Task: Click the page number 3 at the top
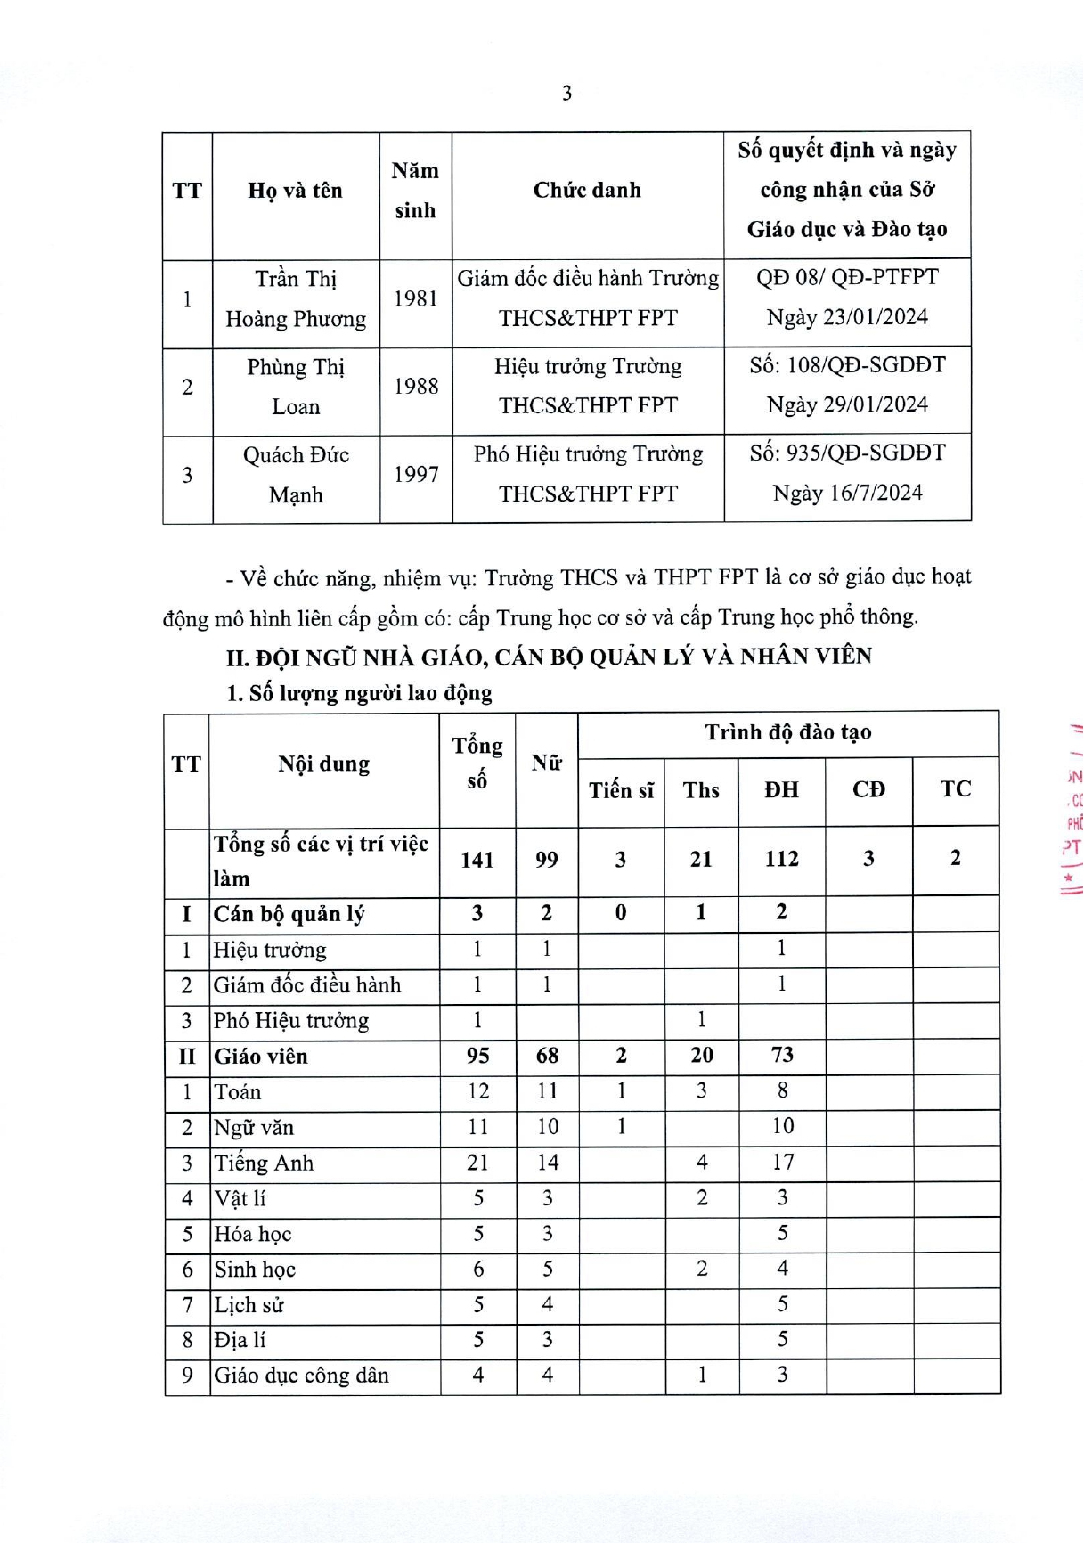point(566,93)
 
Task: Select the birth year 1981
point(416,298)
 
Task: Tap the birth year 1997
point(416,474)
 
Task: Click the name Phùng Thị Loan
point(296,387)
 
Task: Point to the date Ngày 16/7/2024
point(847,493)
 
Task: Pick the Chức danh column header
point(587,190)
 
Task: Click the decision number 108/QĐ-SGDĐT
point(847,365)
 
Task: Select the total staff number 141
point(477,860)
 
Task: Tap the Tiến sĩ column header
point(621,790)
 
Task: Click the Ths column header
point(701,790)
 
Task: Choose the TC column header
point(955,788)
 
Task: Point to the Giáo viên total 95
point(477,1056)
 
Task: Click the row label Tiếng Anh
point(264,1163)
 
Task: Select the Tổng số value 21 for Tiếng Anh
point(477,1163)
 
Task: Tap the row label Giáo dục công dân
point(301,1376)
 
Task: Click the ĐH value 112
point(781,859)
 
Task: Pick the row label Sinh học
point(255,1270)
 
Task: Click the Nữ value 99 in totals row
point(547,860)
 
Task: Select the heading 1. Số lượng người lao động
point(359,693)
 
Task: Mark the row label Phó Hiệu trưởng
point(290,1021)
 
